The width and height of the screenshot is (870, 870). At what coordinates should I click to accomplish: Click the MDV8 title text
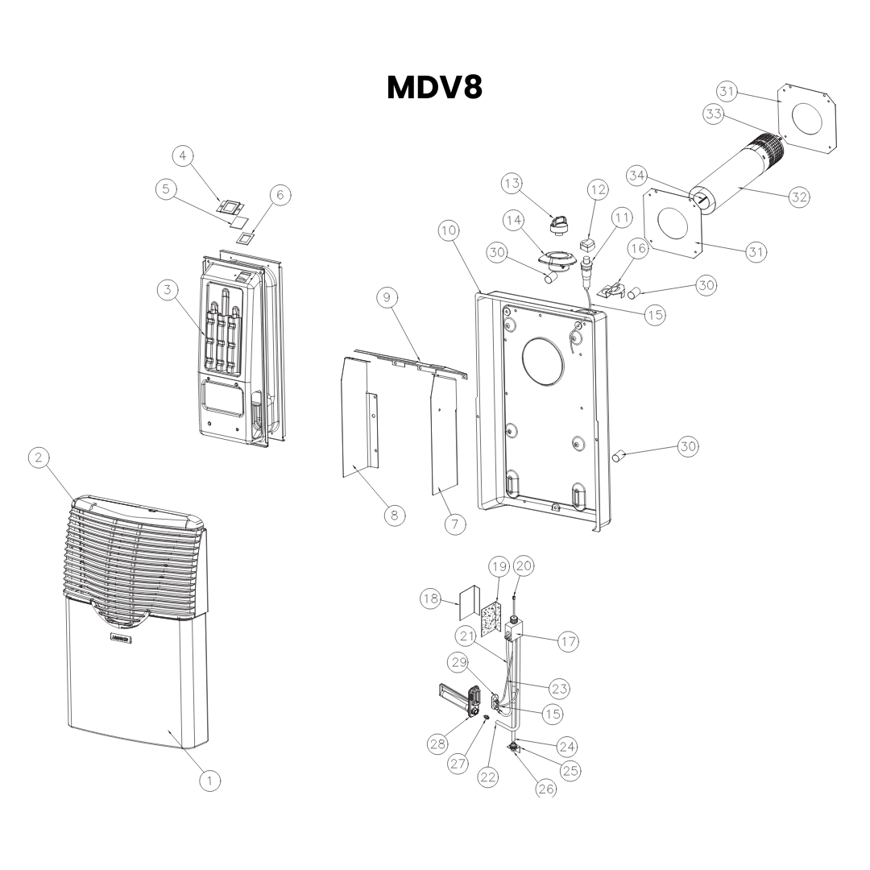coord(434,88)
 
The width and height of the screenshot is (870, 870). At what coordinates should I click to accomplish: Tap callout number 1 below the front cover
coord(209,780)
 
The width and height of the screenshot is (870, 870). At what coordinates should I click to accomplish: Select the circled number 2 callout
coord(37,458)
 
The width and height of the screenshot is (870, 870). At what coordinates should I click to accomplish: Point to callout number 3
coord(167,290)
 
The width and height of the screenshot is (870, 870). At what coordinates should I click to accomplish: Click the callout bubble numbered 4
coord(184,155)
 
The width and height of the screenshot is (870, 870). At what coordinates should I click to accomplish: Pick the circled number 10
coord(449,230)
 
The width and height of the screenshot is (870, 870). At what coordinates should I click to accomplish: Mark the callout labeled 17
coord(568,642)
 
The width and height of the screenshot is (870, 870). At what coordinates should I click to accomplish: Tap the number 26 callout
coord(546,789)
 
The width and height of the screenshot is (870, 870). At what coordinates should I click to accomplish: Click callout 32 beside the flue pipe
coord(798,197)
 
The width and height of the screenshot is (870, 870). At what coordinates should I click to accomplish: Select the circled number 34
coord(637,175)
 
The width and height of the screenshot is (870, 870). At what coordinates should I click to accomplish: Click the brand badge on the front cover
coord(122,639)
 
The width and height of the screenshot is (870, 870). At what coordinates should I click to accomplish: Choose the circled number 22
coord(488,777)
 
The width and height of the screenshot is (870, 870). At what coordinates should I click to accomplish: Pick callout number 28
coord(438,744)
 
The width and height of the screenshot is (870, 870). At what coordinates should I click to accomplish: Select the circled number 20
coord(524,566)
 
